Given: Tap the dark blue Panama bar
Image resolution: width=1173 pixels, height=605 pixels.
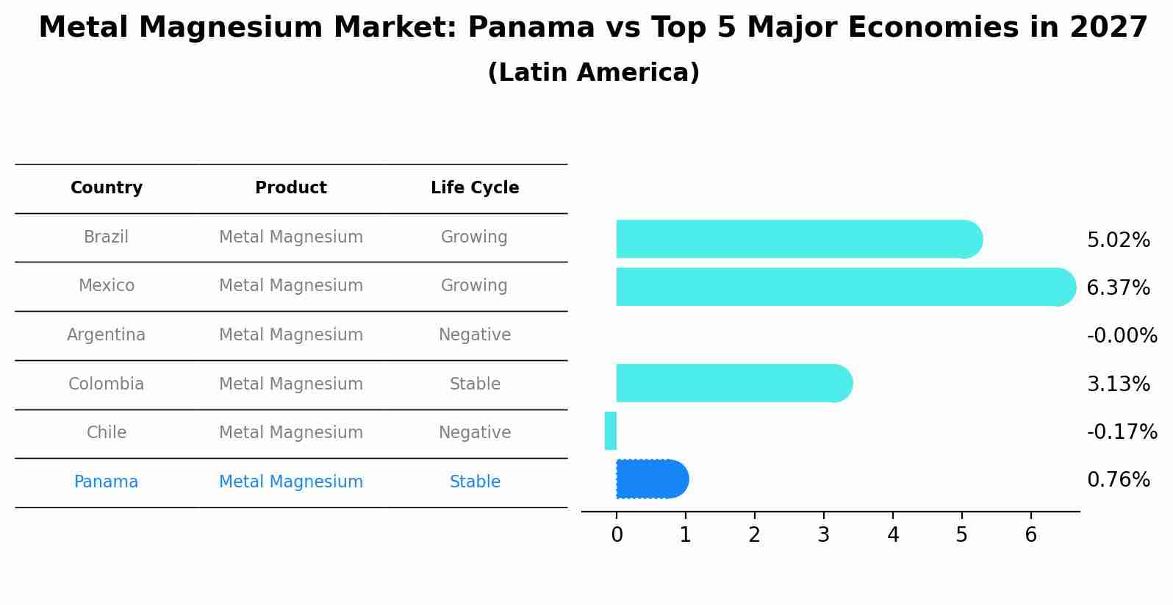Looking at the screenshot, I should (x=651, y=479).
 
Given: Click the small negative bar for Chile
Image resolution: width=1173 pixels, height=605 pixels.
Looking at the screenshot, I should (x=610, y=431).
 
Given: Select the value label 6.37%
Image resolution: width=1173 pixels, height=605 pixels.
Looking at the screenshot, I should (x=1118, y=287).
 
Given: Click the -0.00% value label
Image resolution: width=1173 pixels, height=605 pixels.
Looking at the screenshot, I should (x=1122, y=336).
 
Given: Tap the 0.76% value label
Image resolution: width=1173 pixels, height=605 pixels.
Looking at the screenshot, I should (x=1118, y=480).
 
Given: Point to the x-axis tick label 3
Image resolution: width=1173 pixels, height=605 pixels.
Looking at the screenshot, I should (x=823, y=535).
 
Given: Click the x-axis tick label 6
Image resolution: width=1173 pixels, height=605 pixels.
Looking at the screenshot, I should (x=1030, y=535).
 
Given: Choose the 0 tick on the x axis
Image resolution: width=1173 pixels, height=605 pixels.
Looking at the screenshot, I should (x=617, y=535).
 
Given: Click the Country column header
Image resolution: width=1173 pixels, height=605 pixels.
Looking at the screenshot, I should (x=107, y=188).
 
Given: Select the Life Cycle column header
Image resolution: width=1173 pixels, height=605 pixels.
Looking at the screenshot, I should (x=475, y=188).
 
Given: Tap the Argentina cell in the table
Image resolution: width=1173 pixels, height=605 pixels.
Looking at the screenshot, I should (x=107, y=335).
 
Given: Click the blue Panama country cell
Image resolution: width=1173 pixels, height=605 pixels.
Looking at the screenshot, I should (x=107, y=482).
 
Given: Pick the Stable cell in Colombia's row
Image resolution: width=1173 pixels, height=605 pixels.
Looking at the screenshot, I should (x=475, y=384).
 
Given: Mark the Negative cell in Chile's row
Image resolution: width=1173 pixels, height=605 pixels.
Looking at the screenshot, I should (x=475, y=432).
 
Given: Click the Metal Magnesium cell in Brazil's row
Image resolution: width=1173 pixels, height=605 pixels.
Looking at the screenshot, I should (x=291, y=237).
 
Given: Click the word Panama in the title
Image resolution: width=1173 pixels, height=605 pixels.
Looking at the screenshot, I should (x=531, y=28).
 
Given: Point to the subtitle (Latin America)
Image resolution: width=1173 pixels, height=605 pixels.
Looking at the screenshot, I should (x=593, y=73).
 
